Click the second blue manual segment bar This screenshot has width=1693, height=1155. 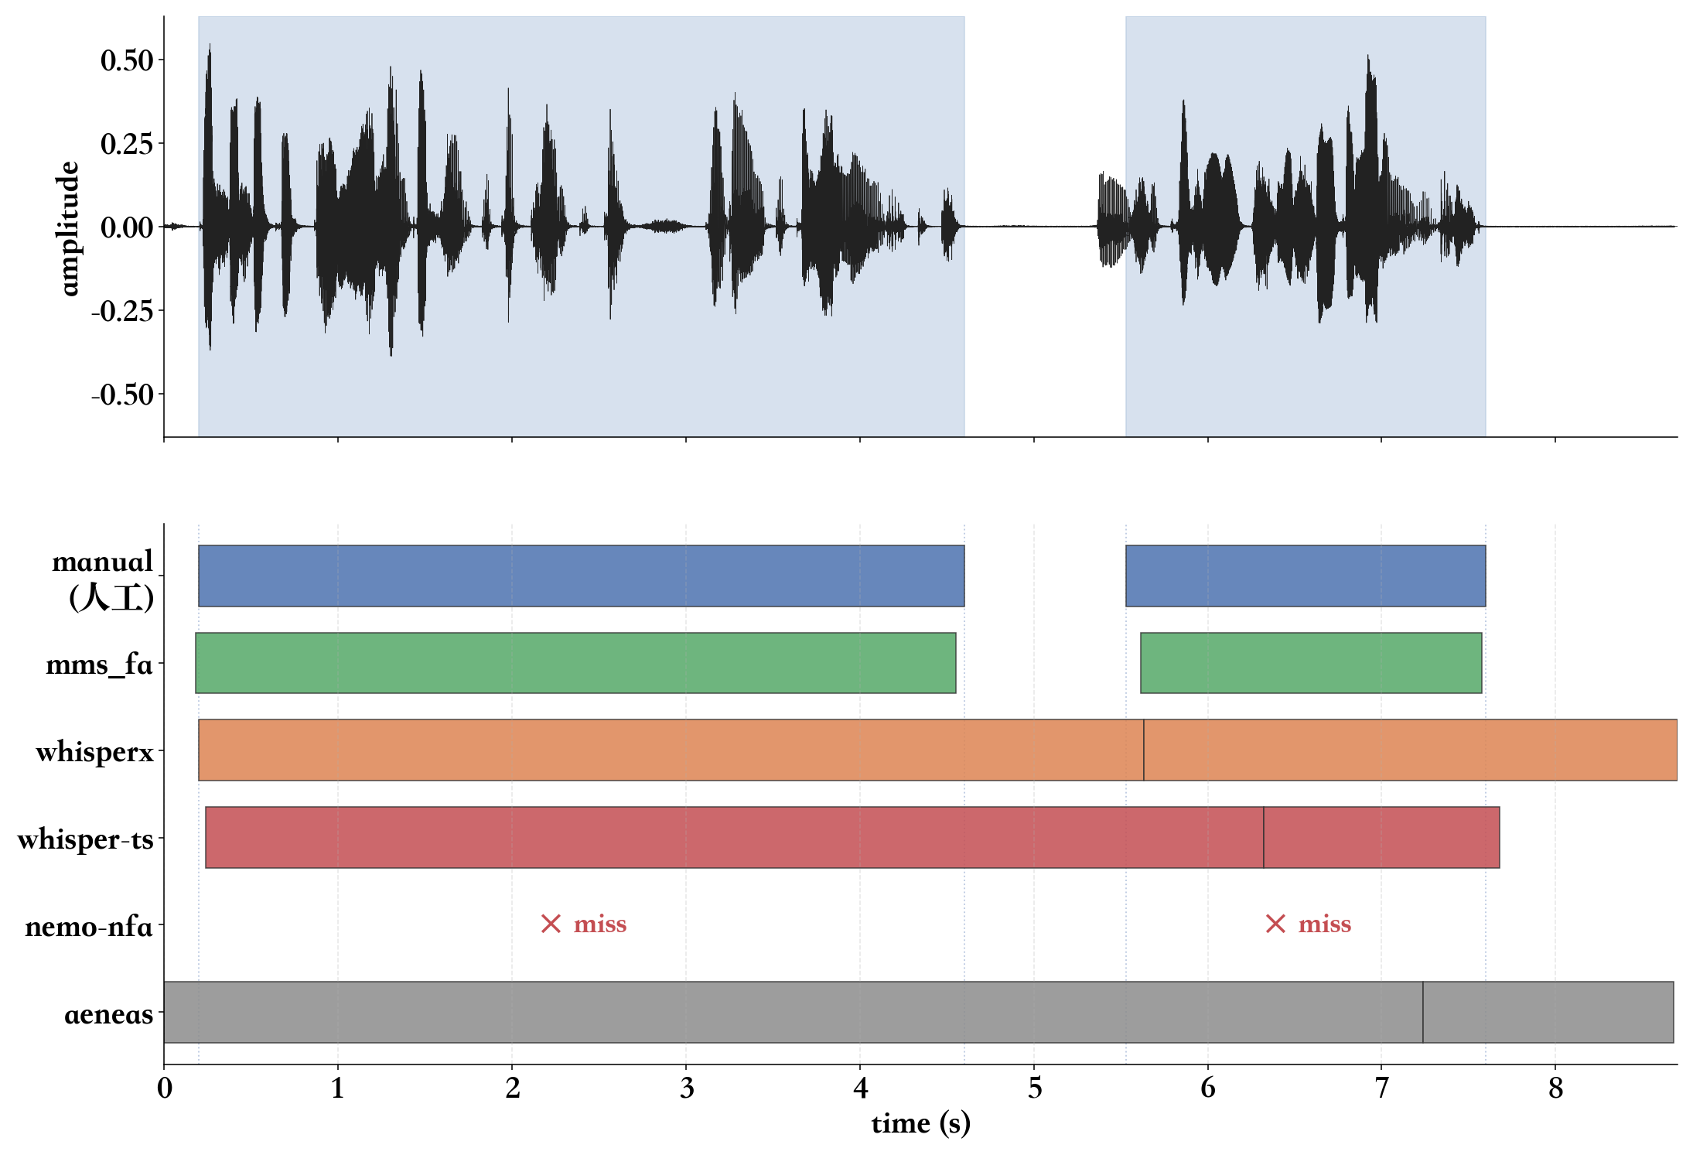pos(1305,576)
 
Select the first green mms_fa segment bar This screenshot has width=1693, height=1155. pos(575,663)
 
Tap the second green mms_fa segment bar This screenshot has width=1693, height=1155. pos(1311,663)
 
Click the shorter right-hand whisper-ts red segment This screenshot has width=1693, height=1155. pos(1381,837)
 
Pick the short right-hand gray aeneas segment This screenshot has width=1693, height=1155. pos(1548,1012)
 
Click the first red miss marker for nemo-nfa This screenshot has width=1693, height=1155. pos(584,924)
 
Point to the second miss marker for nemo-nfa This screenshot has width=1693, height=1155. pos(1309,924)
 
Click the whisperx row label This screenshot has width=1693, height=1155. pos(94,751)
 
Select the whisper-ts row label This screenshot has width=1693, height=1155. pos(85,839)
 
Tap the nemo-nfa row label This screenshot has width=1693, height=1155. pos(88,926)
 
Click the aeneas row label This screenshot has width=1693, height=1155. pos(108,1013)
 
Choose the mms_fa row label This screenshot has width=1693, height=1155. pos(99,665)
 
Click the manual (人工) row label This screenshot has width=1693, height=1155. pos(103,579)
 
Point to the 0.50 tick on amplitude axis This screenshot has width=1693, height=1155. pos(127,60)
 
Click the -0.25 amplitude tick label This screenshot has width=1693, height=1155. pos(122,311)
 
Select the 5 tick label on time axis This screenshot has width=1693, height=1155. pos(1035,1088)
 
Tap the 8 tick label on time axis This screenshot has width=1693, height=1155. pos(1555,1088)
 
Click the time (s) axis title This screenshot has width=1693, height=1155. pos(920,1123)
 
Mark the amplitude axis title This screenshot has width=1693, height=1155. pos(69,228)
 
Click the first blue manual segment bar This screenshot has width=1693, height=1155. pos(582,576)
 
